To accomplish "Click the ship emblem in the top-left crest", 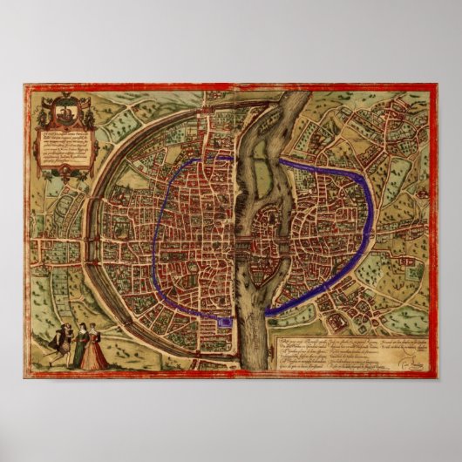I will click(65, 112).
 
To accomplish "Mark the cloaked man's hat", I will click(59, 329).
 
